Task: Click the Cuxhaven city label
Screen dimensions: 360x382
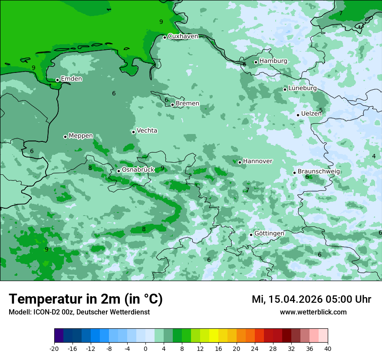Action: click(x=183, y=36)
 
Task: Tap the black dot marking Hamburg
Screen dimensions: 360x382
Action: click(x=256, y=62)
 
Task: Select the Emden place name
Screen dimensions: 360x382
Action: click(x=71, y=79)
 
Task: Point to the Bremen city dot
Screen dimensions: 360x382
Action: click(x=172, y=105)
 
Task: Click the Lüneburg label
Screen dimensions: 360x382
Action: click(x=303, y=88)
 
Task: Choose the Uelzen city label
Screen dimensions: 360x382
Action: click(x=311, y=114)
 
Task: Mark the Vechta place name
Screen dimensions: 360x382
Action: click(x=147, y=131)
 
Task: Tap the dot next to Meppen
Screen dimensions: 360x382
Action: click(x=65, y=137)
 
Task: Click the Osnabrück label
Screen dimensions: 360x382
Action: click(x=138, y=170)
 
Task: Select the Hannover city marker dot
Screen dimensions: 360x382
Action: click(x=240, y=162)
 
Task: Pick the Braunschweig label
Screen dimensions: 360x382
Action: click(x=319, y=172)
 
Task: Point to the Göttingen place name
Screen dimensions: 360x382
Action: click(x=269, y=233)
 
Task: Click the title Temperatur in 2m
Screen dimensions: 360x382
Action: click(x=86, y=299)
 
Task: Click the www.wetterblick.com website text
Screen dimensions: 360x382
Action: click(x=313, y=312)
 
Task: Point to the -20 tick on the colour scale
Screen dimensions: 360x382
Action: click(x=54, y=348)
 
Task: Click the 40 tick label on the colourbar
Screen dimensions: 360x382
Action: click(x=328, y=348)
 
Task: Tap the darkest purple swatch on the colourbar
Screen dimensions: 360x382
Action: click(x=59, y=336)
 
